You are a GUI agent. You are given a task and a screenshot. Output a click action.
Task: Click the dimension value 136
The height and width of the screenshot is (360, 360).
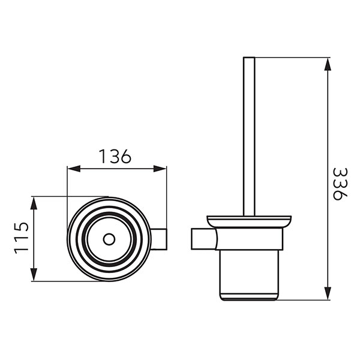115,157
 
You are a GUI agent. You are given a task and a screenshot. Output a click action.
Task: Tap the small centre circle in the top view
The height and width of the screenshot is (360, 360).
109,238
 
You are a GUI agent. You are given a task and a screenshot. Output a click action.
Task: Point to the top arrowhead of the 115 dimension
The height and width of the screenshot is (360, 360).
34,200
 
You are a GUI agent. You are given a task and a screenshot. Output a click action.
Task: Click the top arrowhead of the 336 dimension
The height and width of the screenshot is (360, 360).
328,62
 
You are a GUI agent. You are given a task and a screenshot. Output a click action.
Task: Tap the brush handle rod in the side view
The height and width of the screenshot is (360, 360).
249,138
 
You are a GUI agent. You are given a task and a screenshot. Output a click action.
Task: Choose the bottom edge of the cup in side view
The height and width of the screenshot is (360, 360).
249,299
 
